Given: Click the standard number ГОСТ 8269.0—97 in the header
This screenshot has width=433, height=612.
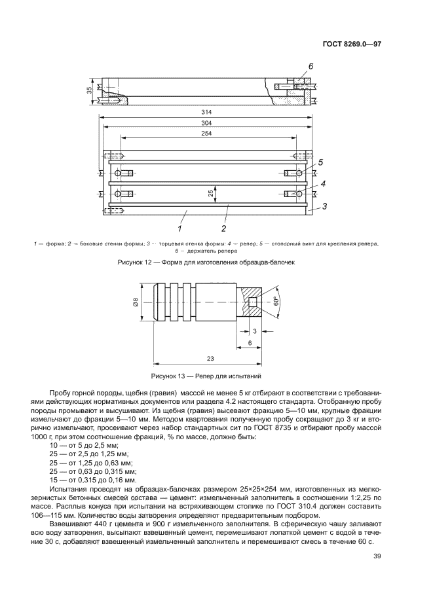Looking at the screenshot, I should click(x=352, y=45).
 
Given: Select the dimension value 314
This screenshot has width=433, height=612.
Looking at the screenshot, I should click(x=206, y=112).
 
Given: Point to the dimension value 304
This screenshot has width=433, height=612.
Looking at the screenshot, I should click(x=206, y=123).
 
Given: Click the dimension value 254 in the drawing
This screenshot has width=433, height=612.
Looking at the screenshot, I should click(x=206, y=134).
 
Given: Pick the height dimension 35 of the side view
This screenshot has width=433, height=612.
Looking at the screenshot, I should click(x=90, y=90).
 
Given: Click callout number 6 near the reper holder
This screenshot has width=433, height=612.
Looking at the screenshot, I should click(x=311, y=67).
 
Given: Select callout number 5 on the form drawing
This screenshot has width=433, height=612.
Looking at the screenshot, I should click(x=322, y=162).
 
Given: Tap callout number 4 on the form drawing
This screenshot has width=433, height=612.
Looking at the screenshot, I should click(x=322, y=185).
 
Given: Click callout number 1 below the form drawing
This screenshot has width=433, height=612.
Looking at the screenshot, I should click(x=178, y=228).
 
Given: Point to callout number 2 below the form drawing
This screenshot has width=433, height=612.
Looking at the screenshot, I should click(x=223, y=228).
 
